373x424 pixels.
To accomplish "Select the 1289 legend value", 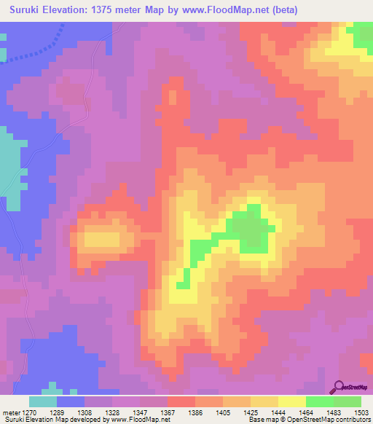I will click(x=57, y=413).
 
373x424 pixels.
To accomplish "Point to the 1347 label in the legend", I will click(x=140, y=413).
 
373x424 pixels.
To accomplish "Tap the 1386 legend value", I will click(x=195, y=413).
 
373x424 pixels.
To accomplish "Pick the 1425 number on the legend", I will click(x=251, y=413).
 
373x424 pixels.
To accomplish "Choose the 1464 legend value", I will click(x=306, y=413).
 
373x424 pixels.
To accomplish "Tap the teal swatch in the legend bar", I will click(x=43, y=401).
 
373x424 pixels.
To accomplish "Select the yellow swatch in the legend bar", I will click(x=291, y=401).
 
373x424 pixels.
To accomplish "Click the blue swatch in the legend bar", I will click(x=71, y=401).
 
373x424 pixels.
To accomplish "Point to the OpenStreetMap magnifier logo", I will click(x=339, y=388).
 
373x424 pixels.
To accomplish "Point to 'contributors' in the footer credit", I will click(x=351, y=420).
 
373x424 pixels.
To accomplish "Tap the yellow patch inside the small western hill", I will click(x=102, y=238).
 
